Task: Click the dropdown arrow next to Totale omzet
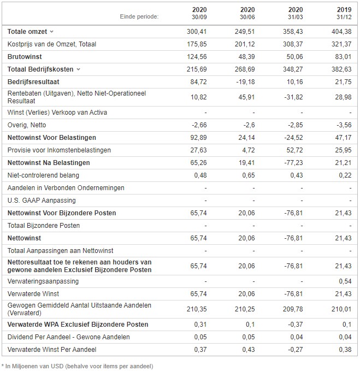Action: click(51, 32)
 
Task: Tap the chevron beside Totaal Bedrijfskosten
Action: click(78, 69)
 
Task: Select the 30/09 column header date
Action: click(199, 17)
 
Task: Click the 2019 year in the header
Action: click(344, 10)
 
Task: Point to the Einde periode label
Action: click(139, 16)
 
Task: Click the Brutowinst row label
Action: click(25, 57)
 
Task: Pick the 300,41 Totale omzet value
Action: click(197, 32)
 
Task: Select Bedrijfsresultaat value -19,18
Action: click(245, 82)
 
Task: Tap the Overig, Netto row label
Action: click(27, 125)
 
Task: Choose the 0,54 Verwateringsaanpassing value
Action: click(345, 281)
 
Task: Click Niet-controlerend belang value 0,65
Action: click(249, 175)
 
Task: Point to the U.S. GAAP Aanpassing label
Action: click(42, 201)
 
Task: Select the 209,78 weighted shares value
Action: click(293, 309)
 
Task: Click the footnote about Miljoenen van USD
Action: click(78, 366)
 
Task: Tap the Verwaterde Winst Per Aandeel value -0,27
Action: click(295, 350)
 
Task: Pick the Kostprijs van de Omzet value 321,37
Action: click(341, 44)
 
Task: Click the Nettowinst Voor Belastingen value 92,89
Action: click(198, 138)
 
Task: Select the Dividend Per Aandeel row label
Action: click(69, 337)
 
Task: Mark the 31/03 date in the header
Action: click(295, 17)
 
